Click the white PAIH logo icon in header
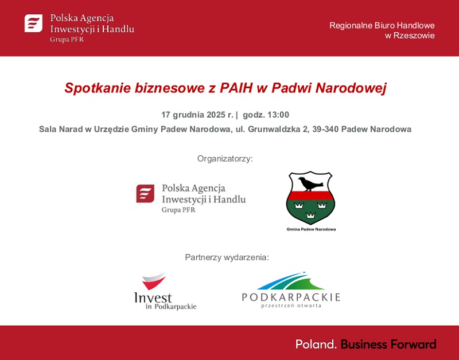(x=33, y=24)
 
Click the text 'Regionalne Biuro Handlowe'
(x=382, y=25)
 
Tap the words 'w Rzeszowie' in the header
(x=410, y=36)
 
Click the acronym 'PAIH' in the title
(x=236, y=88)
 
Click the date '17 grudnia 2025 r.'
(x=195, y=115)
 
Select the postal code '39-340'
(x=325, y=129)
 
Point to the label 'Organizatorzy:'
(x=225, y=158)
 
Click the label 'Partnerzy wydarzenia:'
(x=227, y=257)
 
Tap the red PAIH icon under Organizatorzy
(x=145, y=194)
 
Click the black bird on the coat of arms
(x=310, y=183)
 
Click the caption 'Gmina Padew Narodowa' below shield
(x=311, y=229)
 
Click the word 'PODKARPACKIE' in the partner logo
(x=291, y=297)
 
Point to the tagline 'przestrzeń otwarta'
(x=291, y=306)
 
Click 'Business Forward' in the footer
(x=388, y=344)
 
